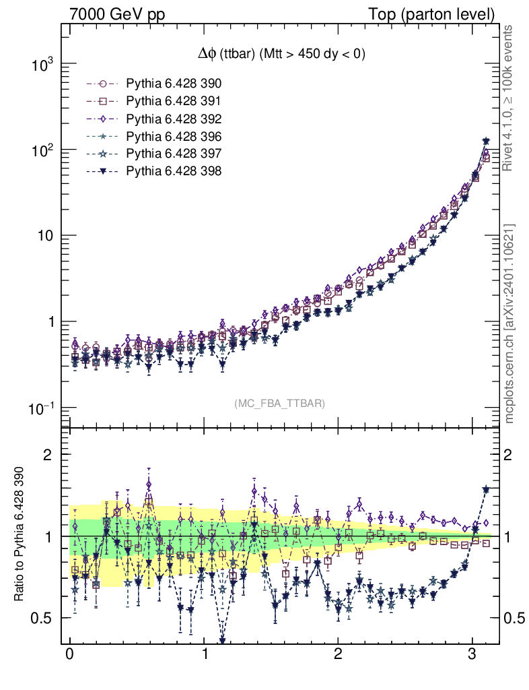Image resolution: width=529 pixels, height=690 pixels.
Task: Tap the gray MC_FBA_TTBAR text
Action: (x=280, y=404)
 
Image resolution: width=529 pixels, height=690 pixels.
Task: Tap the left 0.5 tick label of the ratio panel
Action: (x=44, y=619)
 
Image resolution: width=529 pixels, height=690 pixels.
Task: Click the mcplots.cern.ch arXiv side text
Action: (x=509, y=323)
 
